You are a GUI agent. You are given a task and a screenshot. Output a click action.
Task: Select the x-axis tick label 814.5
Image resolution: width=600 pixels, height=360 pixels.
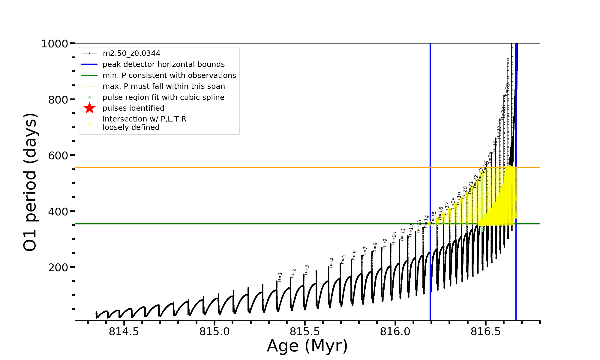click(x=124, y=332)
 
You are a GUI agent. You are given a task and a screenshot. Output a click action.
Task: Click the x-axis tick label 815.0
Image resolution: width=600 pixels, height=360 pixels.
click(x=214, y=332)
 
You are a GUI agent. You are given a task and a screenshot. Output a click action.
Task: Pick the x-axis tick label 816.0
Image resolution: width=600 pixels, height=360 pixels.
click(x=395, y=332)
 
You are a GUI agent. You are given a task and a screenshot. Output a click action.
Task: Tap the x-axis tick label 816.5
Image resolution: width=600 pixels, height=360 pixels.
click(x=486, y=332)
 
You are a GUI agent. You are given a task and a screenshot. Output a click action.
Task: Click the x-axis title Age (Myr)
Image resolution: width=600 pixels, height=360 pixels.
click(x=307, y=346)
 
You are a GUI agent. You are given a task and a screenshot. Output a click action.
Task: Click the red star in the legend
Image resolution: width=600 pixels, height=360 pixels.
click(x=89, y=108)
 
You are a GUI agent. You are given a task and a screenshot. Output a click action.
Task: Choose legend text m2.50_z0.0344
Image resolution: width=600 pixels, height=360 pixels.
click(x=131, y=53)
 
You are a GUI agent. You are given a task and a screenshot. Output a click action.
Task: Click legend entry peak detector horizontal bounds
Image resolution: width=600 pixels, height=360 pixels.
click(x=163, y=64)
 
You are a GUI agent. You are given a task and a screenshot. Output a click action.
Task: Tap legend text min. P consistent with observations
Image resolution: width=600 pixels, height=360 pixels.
click(x=169, y=75)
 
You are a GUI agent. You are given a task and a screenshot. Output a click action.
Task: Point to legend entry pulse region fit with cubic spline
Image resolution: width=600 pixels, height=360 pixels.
click(x=163, y=97)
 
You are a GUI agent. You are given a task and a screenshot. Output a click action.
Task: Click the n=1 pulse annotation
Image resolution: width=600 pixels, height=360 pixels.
click(x=280, y=277)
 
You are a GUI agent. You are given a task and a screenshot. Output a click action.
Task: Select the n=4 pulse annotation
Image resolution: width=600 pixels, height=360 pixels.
click(x=331, y=262)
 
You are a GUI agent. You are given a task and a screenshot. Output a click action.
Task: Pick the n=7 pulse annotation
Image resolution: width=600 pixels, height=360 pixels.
click(x=365, y=251)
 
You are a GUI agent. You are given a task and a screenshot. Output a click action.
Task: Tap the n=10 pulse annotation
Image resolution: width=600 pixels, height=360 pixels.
click(x=394, y=238)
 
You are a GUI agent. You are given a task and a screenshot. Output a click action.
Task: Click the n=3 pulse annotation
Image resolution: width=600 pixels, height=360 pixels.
click(x=307, y=270)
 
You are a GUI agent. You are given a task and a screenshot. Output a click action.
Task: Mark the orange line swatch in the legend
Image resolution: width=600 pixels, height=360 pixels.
click(x=89, y=86)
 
